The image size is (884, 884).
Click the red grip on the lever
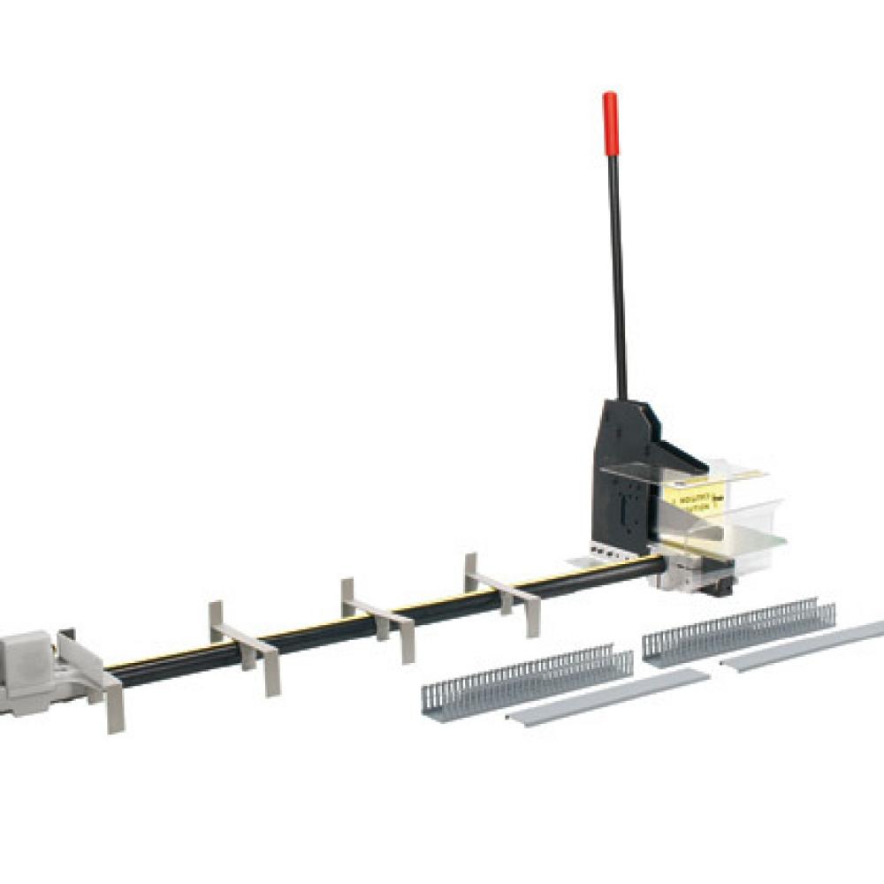610,123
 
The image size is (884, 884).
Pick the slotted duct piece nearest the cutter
738,629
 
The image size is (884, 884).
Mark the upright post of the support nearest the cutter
471,570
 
